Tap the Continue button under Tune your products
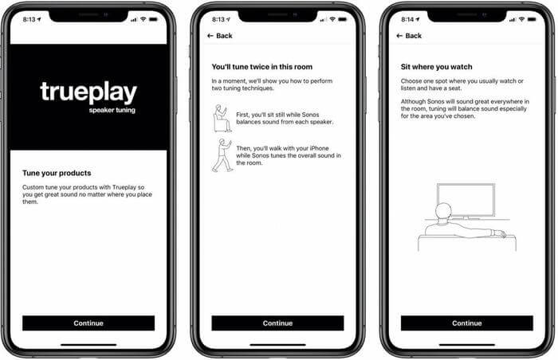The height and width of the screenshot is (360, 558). [x=88, y=323]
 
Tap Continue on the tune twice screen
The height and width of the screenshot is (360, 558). [x=277, y=323]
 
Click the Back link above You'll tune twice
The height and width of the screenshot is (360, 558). [x=219, y=36]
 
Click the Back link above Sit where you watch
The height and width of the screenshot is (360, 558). [x=409, y=36]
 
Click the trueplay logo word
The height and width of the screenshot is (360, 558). [x=88, y=92]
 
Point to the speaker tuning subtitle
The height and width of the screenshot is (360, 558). [x=112, y=110]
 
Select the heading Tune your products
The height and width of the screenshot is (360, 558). [x=57, y=173]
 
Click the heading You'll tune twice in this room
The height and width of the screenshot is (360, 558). [x=262, y=67]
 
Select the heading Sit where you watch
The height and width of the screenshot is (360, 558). [x=436, y=67]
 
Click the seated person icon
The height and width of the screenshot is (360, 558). [x=222, y=119]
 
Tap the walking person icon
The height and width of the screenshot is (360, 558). [x=222, y=155]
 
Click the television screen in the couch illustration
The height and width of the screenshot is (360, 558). [x=466, y=200]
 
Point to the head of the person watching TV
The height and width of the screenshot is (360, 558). [x=443, y=211]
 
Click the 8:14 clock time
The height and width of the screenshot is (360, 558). [x=407, y=20]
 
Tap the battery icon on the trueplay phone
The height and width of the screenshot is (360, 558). [x=153, y=19]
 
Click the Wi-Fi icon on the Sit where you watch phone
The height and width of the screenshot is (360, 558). [x=521, y=19]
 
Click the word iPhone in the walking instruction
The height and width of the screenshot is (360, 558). [x=319, y=148]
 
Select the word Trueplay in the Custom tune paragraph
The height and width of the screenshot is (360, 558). [x=124, y=187]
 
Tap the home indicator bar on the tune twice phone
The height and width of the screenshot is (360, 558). [x=277, y=345]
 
